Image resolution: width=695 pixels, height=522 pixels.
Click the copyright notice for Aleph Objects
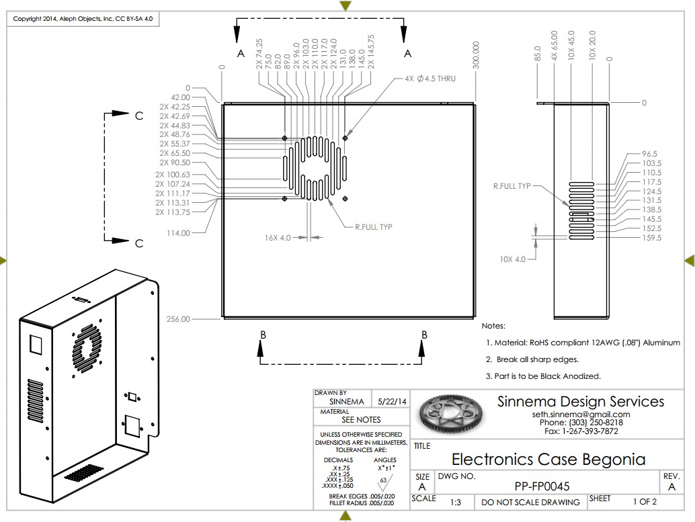coord(83,19)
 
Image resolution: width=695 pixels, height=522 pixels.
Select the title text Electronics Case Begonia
coord(548,460)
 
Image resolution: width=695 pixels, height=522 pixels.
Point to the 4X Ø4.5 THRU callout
coord(430,79)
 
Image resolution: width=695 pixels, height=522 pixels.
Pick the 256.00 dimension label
coord(177,319)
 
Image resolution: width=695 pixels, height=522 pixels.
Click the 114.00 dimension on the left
coord(177,233)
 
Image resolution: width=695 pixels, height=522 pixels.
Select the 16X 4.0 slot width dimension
coord(278,238)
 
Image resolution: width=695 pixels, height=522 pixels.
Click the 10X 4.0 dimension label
coord(512,259)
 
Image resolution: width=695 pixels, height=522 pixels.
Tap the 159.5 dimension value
coord(651,238)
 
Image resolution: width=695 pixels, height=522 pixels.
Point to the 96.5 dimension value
coord(650,154)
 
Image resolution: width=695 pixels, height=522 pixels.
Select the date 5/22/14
coord(393,402)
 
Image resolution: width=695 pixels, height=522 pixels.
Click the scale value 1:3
coord(456,502)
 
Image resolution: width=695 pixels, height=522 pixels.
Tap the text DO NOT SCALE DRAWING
coord(530,502)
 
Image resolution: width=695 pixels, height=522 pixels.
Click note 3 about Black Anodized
coord(543,376)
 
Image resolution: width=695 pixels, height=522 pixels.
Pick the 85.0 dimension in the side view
coord(537,53)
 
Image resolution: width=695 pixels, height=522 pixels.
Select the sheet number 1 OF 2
coord(645,501)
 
